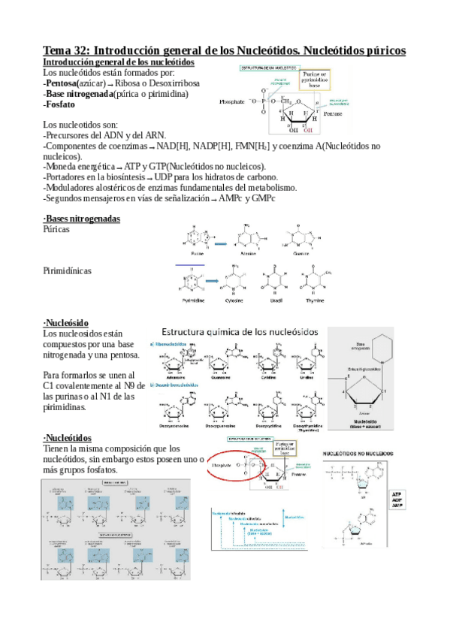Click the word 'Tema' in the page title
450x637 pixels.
pos(59,50)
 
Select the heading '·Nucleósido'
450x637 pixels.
pos(70,322)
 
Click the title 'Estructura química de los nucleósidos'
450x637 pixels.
pos(240,331)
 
